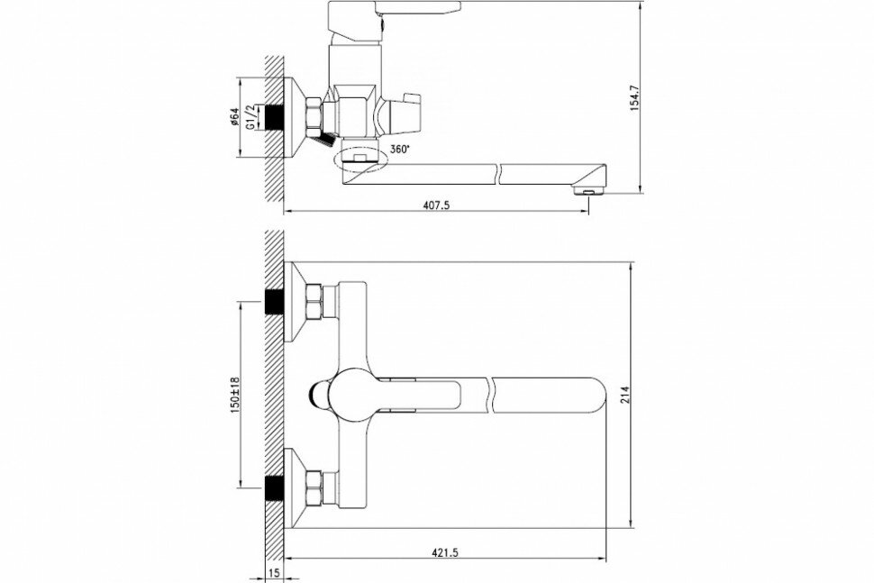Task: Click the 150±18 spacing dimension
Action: click(236, 393)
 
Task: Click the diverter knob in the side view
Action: click(400, 111)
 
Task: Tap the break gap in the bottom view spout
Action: click(488, 394)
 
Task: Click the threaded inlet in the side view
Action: click(273, 116)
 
